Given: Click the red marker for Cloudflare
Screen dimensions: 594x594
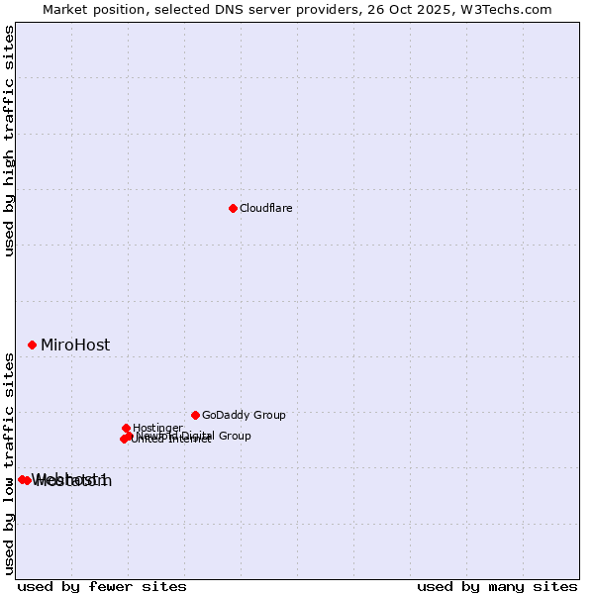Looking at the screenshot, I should [x=233, y=208].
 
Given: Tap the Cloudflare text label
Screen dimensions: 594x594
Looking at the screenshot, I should [x=265, y=208].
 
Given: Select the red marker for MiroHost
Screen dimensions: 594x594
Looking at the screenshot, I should [x=32, y=345].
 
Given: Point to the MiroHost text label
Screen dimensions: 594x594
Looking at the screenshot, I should [x=75, y=346].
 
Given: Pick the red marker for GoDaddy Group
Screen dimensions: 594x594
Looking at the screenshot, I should [x=195, y=415].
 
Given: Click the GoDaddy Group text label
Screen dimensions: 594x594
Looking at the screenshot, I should [x=244, y=415].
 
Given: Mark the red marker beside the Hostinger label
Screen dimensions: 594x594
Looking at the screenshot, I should [x=126, y=428].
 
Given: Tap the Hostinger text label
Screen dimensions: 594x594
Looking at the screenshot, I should [x=157, y=428].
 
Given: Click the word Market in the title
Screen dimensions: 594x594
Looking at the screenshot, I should [x=64, y=9].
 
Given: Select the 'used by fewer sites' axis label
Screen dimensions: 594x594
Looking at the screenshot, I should [x=102, y=586].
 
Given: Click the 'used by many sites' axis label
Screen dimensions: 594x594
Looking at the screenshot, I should [x=497, y=586].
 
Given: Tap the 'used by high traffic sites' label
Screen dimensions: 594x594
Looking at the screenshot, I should [x=9, y=141].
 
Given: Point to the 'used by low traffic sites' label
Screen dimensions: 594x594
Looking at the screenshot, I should [x=9, y=463].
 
